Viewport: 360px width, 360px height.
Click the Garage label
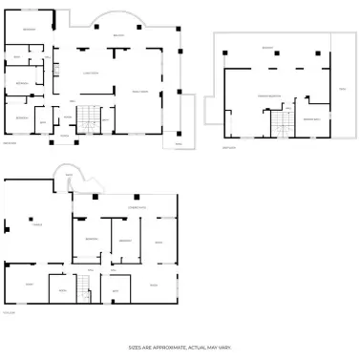pos(37,225)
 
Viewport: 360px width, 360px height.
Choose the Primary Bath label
pos(311,118)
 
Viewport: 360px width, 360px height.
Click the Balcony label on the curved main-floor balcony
pos(118,36)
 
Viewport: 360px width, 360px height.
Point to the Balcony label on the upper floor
pos(267,47)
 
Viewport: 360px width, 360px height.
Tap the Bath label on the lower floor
pos(115,289)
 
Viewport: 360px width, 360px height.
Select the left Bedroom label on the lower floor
pos(92,239)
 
